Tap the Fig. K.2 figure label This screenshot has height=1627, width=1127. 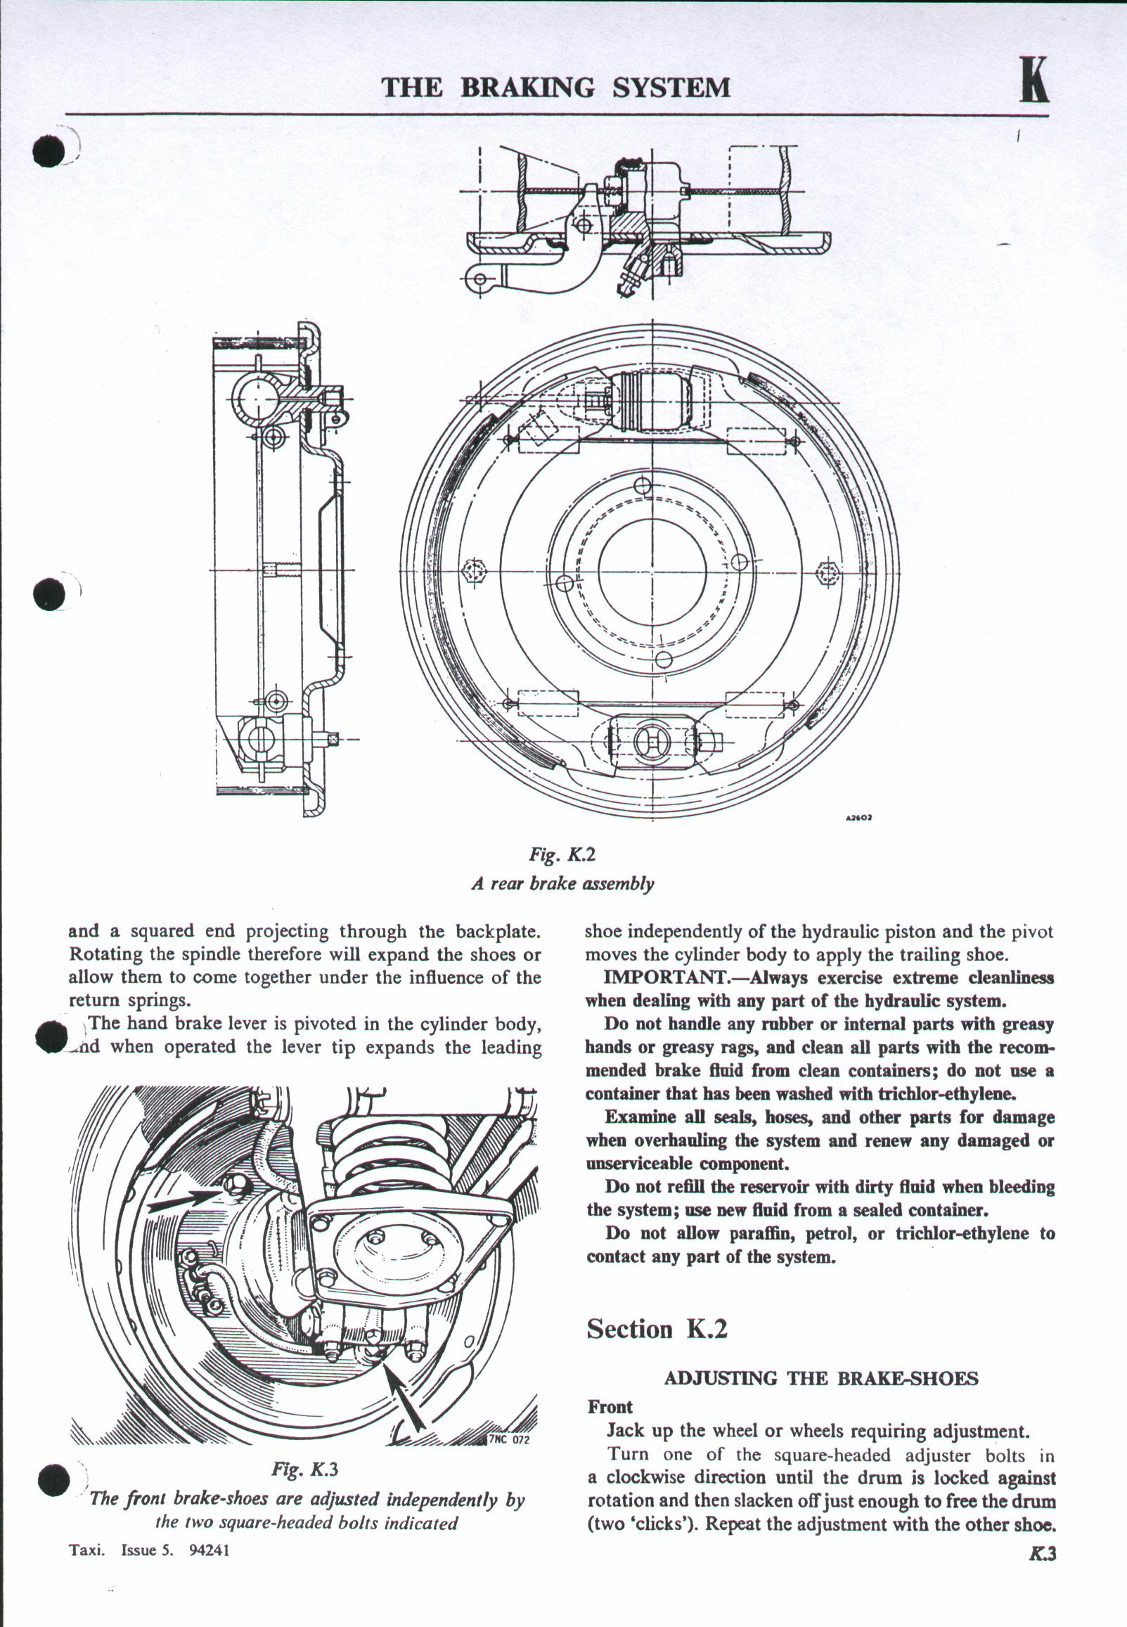click(x=562, y=854)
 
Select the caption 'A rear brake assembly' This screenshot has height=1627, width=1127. click(x=562, y=883)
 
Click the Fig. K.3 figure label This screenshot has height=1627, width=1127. click(x=305, y=1470)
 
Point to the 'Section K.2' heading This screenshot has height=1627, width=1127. click(x=657, y=1329)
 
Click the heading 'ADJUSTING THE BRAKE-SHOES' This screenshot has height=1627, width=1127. click(x=821, y=1378)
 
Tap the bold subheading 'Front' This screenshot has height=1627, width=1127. click(x=610, y=1407)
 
